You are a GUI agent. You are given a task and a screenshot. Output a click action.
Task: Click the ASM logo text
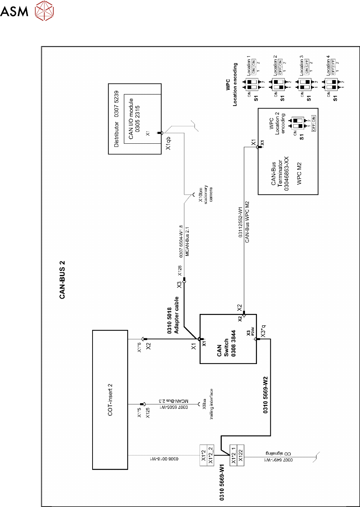(x=14, y=11)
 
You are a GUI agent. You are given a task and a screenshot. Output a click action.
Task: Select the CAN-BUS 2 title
(x=62, y=279)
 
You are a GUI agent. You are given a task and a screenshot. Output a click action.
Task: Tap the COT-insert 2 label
(x=110, y=400)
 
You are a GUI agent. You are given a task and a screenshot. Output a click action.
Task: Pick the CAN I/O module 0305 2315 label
(x=134, y=119)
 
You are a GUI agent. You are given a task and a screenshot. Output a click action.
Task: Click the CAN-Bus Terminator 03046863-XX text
(x=280, y=174)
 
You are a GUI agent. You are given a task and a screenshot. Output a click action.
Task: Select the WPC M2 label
(x=299, y=174)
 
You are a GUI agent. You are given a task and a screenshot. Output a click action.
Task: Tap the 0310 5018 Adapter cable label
(x=173, y=315)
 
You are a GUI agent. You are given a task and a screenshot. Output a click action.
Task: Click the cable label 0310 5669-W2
(x=265, y=394)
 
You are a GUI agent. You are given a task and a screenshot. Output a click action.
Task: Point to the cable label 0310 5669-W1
(x=222, y=482)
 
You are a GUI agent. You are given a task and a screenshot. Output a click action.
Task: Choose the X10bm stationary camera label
(x=205, y=195)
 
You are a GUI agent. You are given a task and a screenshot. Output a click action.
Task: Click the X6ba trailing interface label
(x=208, y=404)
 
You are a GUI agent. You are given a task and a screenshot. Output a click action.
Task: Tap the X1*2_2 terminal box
(x=210, y=455)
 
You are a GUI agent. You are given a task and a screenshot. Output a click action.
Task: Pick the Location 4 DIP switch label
(x=328, y=65)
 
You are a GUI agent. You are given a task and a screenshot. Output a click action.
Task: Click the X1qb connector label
(x=168, y=143)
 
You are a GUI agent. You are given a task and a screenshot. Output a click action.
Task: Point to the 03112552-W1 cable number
(x=240, y=222)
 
